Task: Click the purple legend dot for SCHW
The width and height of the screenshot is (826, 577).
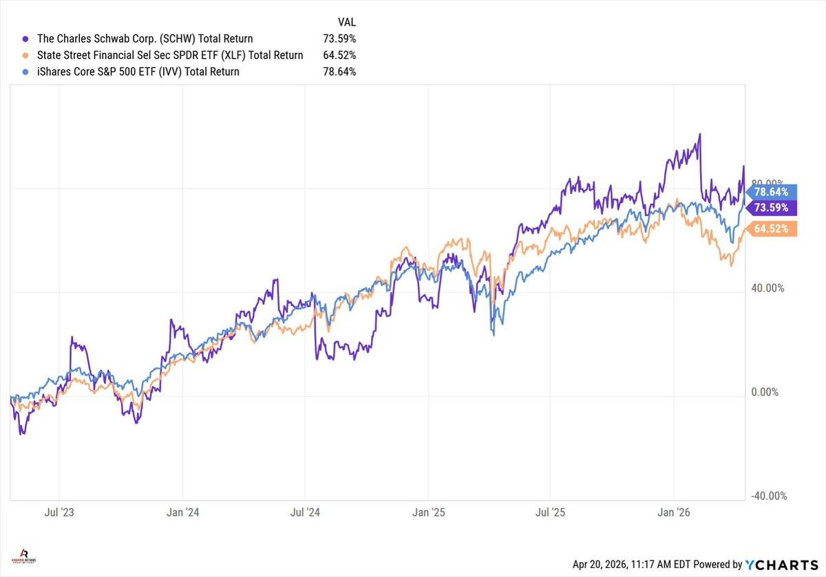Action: click(x=25, y=39)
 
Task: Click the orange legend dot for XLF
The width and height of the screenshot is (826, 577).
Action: click(x=25, y=56)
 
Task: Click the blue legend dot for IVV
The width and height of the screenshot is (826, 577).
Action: click(x=25, y=72)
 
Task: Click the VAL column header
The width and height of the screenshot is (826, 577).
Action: click(x=347, y=22)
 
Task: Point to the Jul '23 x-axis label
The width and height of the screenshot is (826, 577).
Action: click(x=59, y=512)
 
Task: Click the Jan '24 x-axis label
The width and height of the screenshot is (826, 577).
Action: click(x=182, y=512)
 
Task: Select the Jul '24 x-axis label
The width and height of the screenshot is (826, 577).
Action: click(x=305, y=512)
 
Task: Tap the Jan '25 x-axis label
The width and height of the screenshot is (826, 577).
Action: click(x=428, y=512)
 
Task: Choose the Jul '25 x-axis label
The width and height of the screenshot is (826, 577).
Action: click(x=551, y=512)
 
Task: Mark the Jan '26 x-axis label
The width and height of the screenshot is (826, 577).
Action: click(x=674, y=512)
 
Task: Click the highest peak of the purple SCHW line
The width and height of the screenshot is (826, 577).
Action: click(x=699, y=134)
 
